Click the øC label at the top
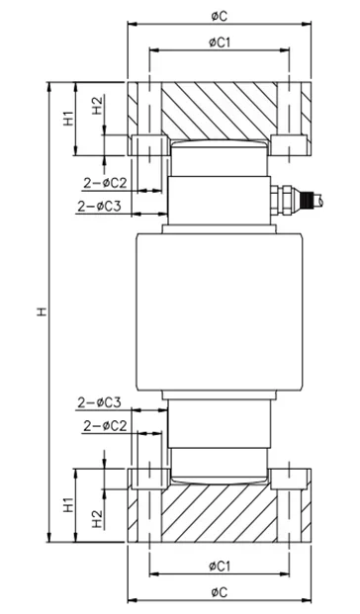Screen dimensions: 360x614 [x=219, y=17]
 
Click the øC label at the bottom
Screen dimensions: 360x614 [x=219, y=591]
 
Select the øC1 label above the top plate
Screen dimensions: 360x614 [x=220, y=43]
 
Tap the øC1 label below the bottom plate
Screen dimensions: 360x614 [x=220, y=566]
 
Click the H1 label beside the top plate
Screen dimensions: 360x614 [x=68, y=119]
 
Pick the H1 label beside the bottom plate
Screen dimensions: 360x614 [x=68, y=505]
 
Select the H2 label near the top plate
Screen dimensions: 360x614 [x=97, y=105]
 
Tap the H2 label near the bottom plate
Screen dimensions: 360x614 [x=97, y=519]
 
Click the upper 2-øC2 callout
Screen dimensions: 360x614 [x=106, y=183]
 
